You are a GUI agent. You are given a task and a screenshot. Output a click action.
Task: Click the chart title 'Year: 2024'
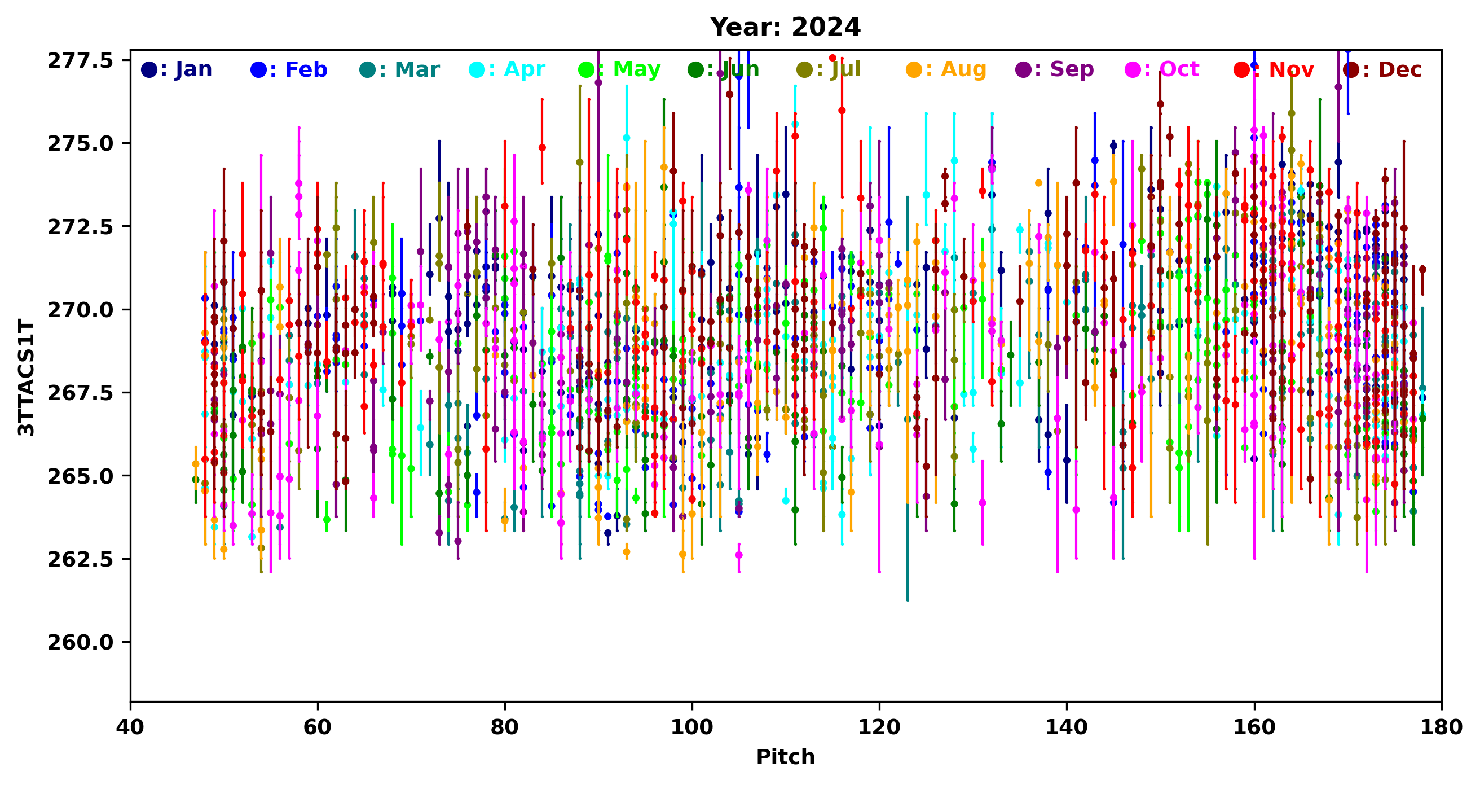(785, 27)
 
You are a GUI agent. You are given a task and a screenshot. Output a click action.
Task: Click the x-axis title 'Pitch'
(785, 757)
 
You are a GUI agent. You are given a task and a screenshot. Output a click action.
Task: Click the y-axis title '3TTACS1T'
(27, 377)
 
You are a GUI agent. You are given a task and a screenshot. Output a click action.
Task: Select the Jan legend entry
(177, 69)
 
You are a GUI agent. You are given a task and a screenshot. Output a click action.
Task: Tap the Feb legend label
(289, 69)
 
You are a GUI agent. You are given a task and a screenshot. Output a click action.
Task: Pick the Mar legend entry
(400, 69)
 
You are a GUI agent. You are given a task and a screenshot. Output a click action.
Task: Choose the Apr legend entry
(507, 69)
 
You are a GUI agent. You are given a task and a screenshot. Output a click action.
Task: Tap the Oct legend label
(1163, 69)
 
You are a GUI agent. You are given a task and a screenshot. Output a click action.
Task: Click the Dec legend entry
(1383, 69)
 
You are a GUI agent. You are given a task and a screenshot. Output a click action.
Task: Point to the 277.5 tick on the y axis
(81, 60)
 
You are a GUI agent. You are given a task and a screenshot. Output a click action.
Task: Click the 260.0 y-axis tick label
(81, 642)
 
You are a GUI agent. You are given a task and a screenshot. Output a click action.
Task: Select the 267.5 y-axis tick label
(81, 393)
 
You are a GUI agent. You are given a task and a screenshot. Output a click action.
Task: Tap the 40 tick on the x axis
(130, 727)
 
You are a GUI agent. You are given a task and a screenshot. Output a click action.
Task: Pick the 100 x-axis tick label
(691, 727)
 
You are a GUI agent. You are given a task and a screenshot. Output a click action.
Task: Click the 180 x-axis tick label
(1441, 727)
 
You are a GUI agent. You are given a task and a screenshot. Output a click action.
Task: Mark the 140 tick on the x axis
(1067, 727)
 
